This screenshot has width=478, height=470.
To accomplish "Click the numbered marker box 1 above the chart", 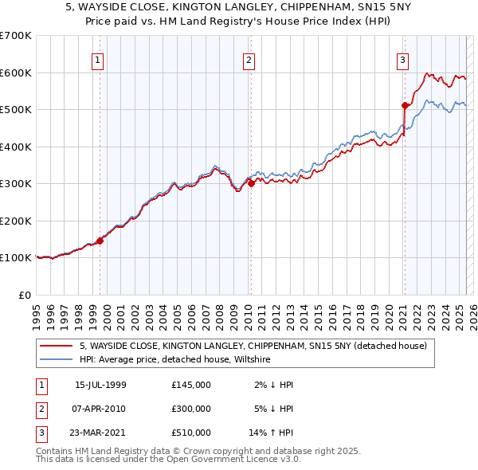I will (x=97, y=59).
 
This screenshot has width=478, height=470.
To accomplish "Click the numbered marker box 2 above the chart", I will (x=249, y=59).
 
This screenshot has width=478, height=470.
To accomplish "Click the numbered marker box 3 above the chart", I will (x=403, y=59).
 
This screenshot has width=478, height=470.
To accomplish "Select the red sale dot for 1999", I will (x=100, y=241).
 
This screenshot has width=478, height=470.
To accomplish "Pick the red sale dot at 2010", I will (x=251, y=183).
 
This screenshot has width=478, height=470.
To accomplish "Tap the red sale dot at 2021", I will (x=406, y=105).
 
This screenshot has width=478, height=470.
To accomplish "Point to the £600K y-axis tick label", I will (x=16, y=72).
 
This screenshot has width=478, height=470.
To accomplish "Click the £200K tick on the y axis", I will (x=16, y=221).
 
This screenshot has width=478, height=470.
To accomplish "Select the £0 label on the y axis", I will (x=25, y=295).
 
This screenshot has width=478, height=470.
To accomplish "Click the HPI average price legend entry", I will (x=175, y=360).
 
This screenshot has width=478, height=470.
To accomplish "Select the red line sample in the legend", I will (x=57, y=346).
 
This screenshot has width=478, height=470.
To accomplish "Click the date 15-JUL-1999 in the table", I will (x=100, y=386).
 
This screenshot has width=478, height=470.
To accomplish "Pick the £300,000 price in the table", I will (x=191, y=409).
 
